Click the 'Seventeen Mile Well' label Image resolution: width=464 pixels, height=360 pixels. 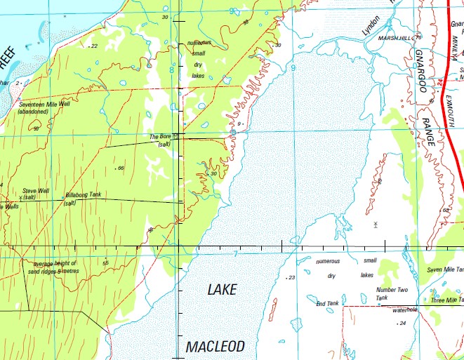pos(46,105)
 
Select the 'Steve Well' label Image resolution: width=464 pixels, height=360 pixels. pos(35,190)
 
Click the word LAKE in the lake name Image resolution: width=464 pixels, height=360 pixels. pos(222,289)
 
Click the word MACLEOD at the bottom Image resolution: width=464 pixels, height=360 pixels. pos(216,347)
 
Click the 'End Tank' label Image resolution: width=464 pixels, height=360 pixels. pos(327,303)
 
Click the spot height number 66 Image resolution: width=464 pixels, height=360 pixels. pos(121,168)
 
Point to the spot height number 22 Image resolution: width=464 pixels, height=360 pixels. pos(94,46)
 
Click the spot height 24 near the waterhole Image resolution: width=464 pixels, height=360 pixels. pos(402,323)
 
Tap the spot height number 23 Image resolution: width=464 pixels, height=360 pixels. pos(292,278)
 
